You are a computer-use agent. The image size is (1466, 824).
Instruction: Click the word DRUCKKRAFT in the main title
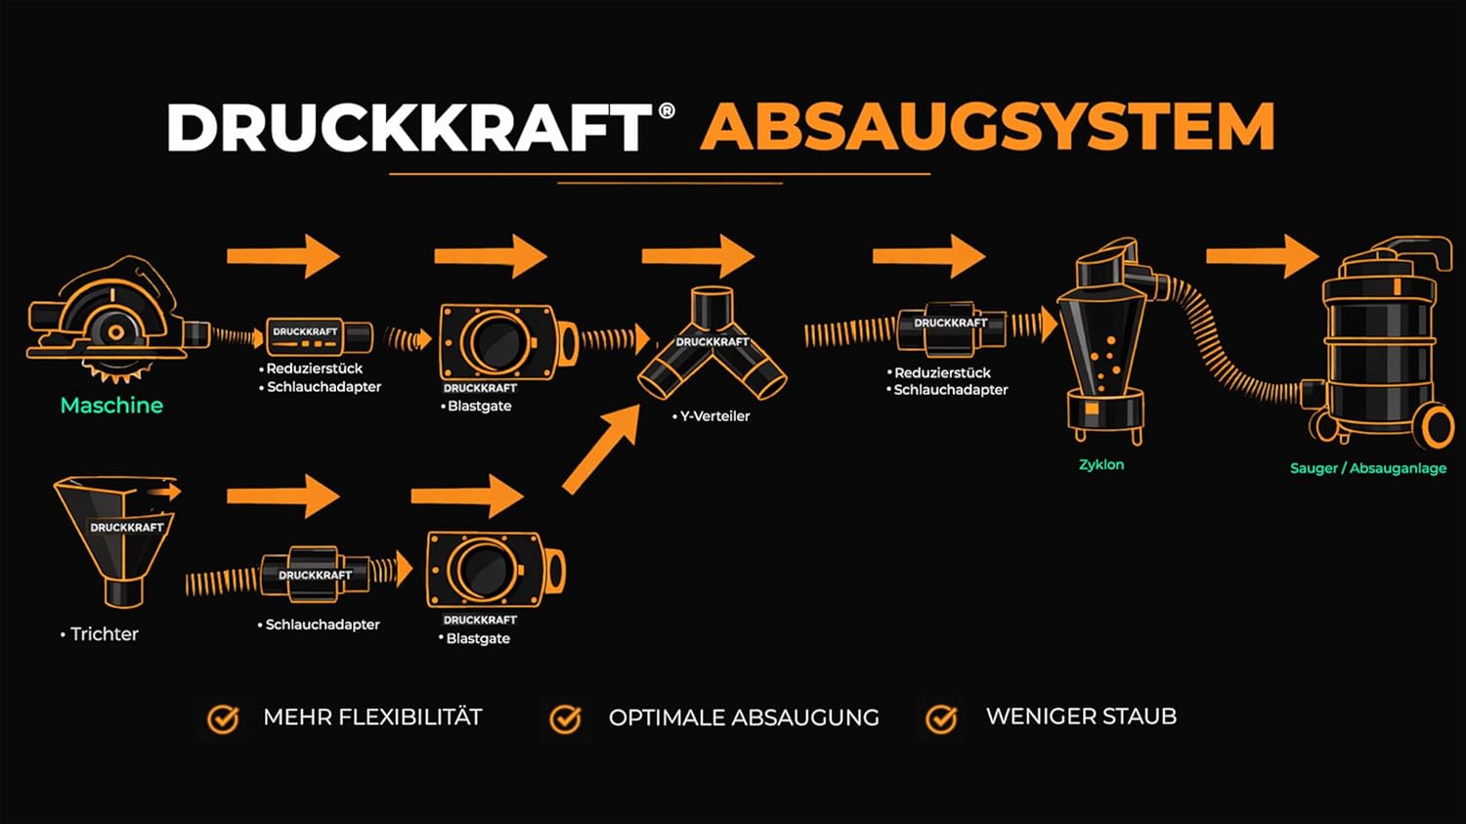point(409,127)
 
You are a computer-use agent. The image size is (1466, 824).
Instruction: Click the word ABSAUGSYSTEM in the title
point(987,127)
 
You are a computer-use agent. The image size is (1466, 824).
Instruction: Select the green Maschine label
point(111,405)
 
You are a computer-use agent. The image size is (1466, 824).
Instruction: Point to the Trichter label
point(104,633)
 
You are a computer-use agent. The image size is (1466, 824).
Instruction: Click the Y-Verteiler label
point(714,415)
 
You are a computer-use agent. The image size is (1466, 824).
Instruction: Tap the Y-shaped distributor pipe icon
point(712,347)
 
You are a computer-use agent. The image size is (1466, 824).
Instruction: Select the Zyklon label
point(1101,464)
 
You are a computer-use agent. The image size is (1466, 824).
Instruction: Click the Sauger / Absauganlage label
point(1367,468)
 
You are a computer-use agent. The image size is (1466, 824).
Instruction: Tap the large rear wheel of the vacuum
point(1437,426)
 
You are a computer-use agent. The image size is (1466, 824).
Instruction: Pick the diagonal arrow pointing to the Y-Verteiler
point(601,450)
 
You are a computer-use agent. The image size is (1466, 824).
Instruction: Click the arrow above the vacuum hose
point(1262,256)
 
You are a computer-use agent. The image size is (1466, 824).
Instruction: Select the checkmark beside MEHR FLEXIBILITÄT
point(223,718)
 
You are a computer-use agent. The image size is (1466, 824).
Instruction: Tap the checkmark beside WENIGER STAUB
point(941,718)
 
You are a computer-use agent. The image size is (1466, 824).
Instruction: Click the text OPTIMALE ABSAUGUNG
point(743,717)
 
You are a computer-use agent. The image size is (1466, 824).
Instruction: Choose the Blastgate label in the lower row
point(478,638)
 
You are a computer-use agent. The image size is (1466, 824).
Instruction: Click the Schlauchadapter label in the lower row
point(323,624)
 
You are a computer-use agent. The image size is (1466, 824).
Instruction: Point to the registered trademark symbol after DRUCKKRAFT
point(667,110)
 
